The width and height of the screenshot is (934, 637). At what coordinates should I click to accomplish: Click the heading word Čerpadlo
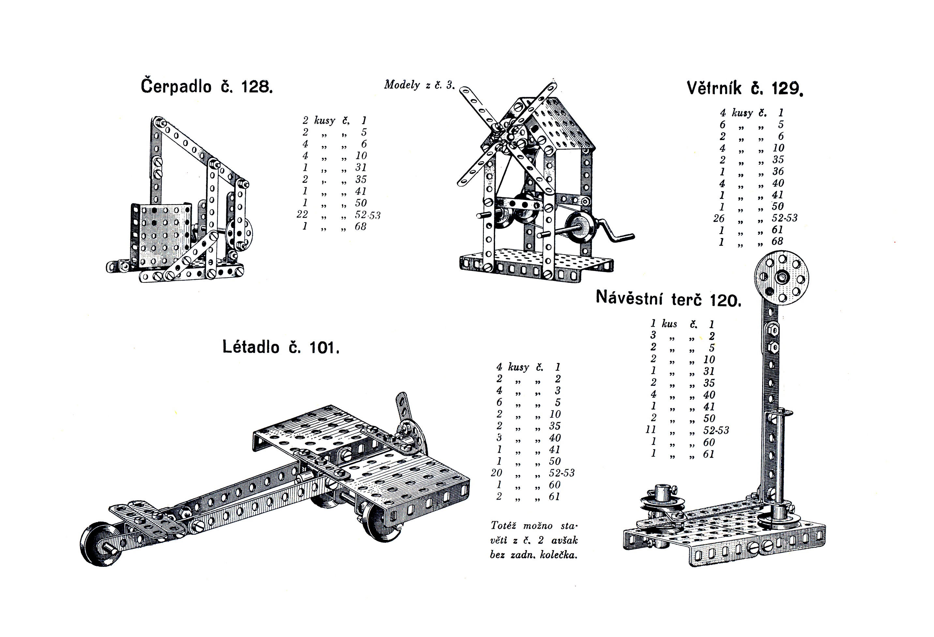pos(176,86)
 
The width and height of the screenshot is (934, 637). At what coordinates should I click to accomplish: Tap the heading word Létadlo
pos(251,346)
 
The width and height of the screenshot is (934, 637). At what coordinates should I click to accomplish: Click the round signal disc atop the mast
pos(782,277)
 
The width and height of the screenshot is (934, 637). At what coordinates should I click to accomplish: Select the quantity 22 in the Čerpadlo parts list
pos(302,214)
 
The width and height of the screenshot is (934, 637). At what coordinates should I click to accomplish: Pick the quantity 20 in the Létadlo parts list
pos(496,473)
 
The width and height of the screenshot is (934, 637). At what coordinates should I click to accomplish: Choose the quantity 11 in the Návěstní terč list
pos(651,430)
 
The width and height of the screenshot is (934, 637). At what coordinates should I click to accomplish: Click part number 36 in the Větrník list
pos(778,171)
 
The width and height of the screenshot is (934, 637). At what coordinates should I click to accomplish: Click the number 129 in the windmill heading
pos(787,88)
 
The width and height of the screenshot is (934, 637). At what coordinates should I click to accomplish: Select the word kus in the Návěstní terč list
pos(670,324)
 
